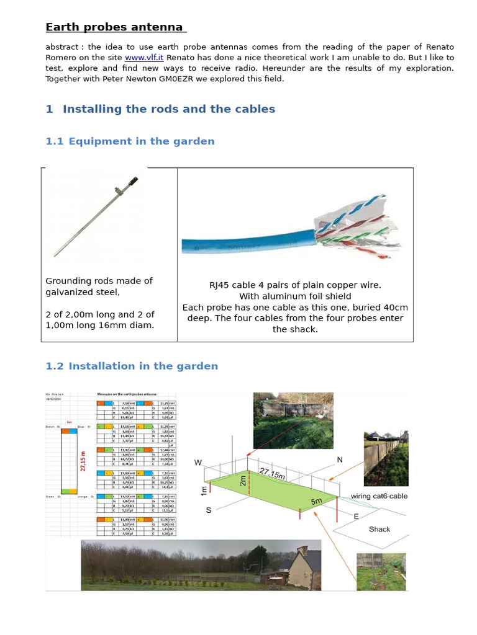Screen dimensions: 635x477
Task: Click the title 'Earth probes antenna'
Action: [x=115, y=27]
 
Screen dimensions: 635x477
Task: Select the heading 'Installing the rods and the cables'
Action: [x=168, y=109]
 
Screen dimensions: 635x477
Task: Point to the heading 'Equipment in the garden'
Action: [x=142, y=141]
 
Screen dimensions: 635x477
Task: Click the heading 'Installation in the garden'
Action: [x=143, y=366]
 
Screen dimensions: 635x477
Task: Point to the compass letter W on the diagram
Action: [x=199, y=463]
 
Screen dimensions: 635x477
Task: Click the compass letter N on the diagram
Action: [x=339, y=460]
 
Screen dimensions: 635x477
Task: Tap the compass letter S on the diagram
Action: [x=208, y=510]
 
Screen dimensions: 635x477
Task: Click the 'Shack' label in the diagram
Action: [x=379, y=529]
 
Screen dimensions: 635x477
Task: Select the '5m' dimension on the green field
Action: [x=316, y=500]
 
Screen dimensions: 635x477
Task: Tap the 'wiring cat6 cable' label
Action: [x=379, y=496]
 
